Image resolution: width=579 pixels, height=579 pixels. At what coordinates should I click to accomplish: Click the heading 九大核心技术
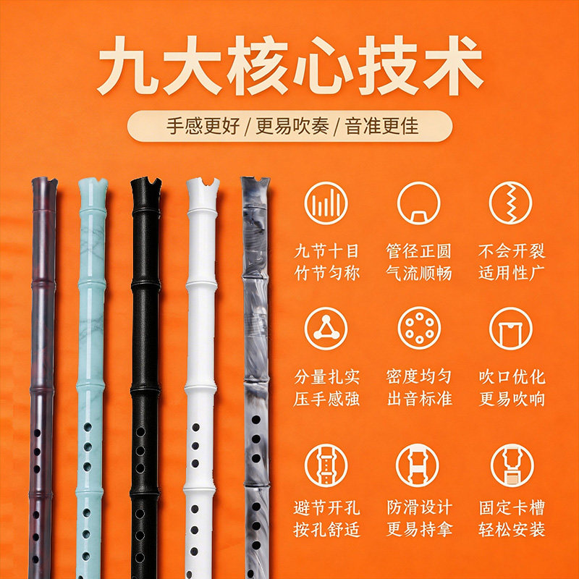[x=290, y=66]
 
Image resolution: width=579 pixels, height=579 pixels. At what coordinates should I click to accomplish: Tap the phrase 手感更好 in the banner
[x=203, y=126]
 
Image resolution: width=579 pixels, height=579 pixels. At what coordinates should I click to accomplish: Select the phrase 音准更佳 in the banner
[x=381, y=126]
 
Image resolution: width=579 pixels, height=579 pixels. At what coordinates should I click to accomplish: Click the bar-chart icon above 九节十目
[x=326, y=203]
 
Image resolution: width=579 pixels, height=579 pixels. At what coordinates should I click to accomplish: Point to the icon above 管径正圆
[x=418, y=203]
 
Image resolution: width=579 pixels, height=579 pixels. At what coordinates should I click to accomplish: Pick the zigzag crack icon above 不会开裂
[x=511, y=203]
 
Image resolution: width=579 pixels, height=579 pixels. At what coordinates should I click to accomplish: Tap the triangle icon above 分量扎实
[x=326, y=329]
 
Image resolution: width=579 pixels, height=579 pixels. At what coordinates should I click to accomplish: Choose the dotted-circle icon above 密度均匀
[x=419, y=329]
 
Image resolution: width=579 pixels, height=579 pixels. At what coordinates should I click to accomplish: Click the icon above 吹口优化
[x=511, y=329]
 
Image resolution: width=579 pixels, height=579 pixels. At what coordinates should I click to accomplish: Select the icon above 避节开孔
[x=326, y=465]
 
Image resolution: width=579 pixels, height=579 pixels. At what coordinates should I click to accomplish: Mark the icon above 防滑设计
[x=418, y=465]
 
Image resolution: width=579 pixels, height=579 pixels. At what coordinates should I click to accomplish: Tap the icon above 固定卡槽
[x=512, y=465]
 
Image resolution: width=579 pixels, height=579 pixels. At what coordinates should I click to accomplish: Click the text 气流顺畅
[x=419, y=274]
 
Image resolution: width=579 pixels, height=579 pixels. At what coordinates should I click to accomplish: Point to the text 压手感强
[x=326, y=400]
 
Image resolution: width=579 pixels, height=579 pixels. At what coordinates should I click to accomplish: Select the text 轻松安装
[x=512, y=530]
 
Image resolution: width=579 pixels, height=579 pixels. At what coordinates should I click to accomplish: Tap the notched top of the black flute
[x=146, y=185]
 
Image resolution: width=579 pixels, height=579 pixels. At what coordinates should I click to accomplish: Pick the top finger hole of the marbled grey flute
[x=256, y=420]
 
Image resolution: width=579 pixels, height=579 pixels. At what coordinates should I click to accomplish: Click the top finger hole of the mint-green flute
[x=88, y=427]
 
